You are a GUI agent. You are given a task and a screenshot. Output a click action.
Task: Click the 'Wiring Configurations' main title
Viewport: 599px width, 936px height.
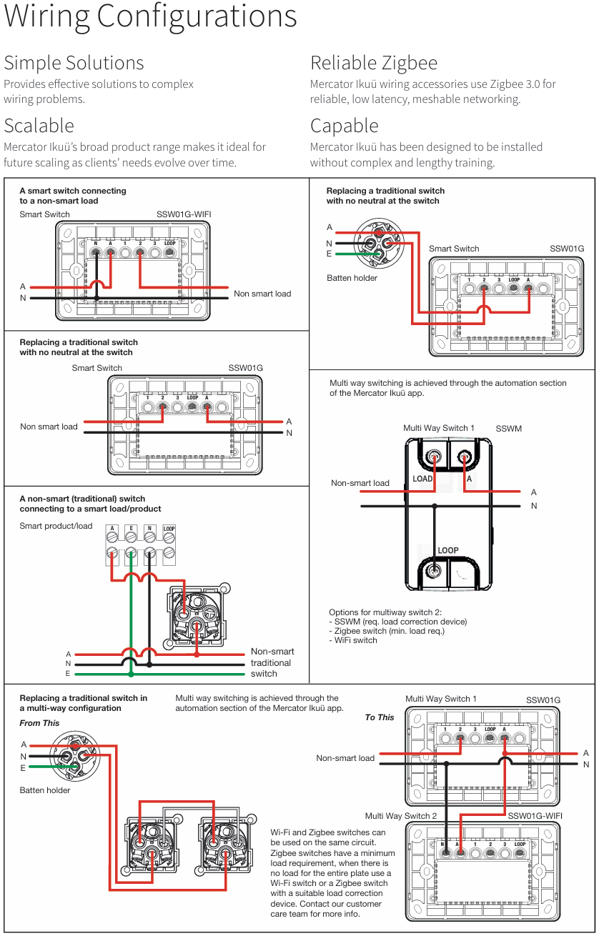point(150,17)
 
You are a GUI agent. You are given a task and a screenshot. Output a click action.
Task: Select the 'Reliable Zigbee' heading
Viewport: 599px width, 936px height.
point(373,63)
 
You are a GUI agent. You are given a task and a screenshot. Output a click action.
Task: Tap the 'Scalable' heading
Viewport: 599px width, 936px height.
point(39,126)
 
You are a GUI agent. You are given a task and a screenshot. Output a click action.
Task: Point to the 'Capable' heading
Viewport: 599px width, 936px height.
point(344,126)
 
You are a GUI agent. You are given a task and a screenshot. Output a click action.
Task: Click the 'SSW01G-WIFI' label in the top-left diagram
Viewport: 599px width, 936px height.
point(184,214)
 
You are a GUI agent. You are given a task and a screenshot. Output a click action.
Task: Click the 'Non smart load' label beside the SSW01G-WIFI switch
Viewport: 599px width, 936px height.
point(262,294)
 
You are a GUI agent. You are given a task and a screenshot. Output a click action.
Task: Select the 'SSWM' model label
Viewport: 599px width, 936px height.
point(509,429)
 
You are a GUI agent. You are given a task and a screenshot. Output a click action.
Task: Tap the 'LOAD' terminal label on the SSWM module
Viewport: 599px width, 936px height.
point(422,479)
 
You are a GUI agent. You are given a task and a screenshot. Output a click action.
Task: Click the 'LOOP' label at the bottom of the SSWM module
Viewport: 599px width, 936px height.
point(448,550)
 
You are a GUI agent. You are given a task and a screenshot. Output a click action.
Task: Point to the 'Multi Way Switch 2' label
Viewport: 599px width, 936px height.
point(401,816)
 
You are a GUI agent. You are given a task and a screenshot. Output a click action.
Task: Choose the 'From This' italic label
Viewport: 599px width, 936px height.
point(39,723)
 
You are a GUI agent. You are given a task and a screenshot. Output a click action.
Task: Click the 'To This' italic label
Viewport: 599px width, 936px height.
point(380,717)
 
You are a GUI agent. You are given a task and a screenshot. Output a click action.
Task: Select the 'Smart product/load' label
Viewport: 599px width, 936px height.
point(56,526)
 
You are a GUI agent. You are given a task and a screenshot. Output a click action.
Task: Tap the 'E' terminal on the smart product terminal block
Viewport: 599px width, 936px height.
point(131,529)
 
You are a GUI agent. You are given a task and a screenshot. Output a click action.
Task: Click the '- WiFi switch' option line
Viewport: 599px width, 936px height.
point(355,640)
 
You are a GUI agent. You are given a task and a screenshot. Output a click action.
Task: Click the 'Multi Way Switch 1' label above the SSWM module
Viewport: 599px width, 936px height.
point(439,428)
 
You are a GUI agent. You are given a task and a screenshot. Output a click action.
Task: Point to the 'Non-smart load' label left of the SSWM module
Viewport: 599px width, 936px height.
point(360,483)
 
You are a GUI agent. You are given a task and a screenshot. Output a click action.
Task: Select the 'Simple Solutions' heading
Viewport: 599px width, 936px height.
point(74,63)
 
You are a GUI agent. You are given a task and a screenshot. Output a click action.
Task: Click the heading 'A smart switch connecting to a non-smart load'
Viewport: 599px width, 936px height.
point(73,196)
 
